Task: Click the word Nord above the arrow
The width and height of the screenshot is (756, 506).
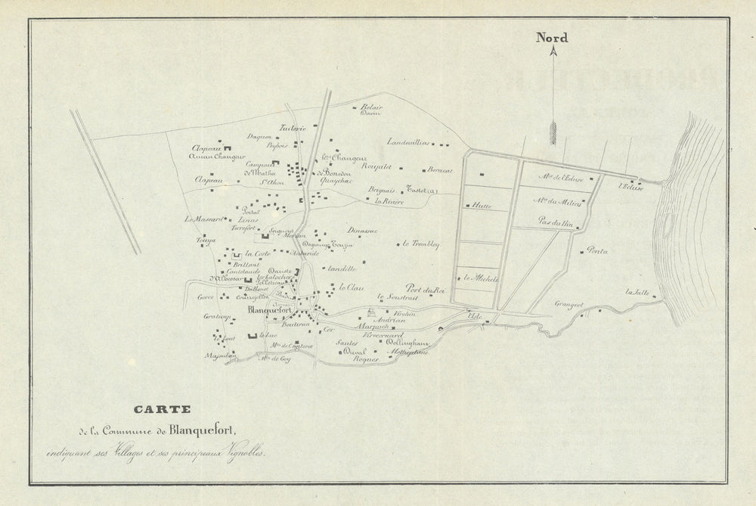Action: pyautogui.click(x=552, y=38)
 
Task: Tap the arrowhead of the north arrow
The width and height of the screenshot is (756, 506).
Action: pyautogui.click(x=553, y=52)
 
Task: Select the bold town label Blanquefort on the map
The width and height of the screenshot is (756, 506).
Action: pyautogui.click(x=271, y=309)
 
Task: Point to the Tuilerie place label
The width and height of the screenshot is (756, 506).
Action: pyautogui.click(x=293, y=128)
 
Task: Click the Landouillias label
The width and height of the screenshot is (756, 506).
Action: pyautogui.click(x=408, y=141)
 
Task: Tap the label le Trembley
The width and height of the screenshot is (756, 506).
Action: pyautogui.click(x=421, y=244)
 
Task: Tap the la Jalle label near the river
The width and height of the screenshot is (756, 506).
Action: pyautogui.click(x=637, y=292)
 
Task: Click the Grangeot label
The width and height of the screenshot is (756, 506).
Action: pyautogui.click(x=569, y=305)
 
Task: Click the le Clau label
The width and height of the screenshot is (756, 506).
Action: pyautogui.click(x=352, y=287)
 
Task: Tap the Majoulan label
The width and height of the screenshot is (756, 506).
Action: pyautogui.click(x=216, y=355)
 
